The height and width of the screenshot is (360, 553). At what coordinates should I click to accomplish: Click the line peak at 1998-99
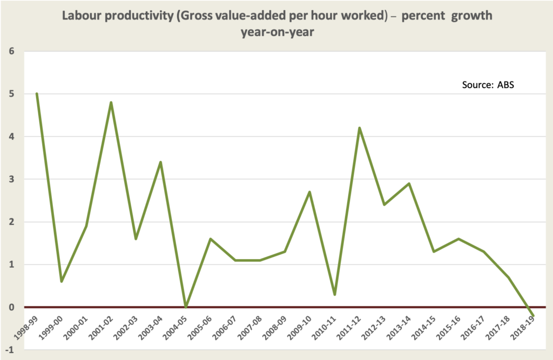tap(37, 93)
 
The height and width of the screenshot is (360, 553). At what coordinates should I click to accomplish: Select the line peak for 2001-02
tap(111, 102)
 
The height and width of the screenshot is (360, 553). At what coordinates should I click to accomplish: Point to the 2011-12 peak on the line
tap(360, 128)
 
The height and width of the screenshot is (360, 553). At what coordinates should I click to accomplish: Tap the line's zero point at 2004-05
tap(186, 307)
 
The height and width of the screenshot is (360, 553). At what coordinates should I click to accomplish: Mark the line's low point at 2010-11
tap(335, 294)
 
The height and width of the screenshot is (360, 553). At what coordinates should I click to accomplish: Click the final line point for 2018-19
tap(534, 315)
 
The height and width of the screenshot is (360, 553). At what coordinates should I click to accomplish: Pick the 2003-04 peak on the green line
tap(161, 162)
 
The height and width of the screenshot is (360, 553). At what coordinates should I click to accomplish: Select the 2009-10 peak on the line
tap(310, 192)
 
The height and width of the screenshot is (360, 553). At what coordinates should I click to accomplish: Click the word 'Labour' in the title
tap(81, 16)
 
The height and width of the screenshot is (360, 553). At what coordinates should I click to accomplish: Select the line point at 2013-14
tap(409, 184)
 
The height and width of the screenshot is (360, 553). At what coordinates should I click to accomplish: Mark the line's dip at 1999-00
tap(62, 281)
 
